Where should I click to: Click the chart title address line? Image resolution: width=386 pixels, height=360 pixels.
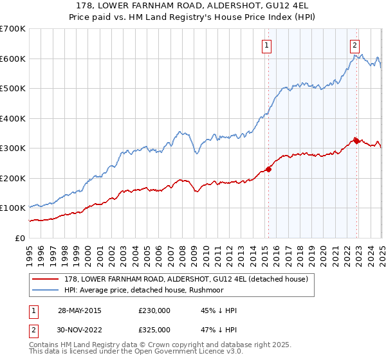pyautogui.click(x=193, y=6)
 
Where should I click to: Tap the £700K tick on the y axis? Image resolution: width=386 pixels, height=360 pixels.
pyautogui.click(x=13, y=29)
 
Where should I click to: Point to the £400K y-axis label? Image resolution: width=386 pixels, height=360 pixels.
pyautogui.click(x=13, y=118)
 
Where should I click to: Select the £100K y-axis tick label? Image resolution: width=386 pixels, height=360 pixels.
pyautogui.click(x=13, y=208)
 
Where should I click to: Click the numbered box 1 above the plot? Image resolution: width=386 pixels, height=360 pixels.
pyautogui.click(x=266, y=45)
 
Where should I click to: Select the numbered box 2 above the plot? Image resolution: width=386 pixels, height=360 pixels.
pyautogui.click(x=354, y=45)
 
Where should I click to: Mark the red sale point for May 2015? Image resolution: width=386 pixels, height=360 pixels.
pyautogui.click(x=269, y=170)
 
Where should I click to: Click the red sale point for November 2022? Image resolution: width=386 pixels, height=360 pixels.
pyautogui.click(x=357, y=141)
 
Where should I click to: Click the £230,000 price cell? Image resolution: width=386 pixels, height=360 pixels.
pyautogui.click(x=154, y=310)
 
